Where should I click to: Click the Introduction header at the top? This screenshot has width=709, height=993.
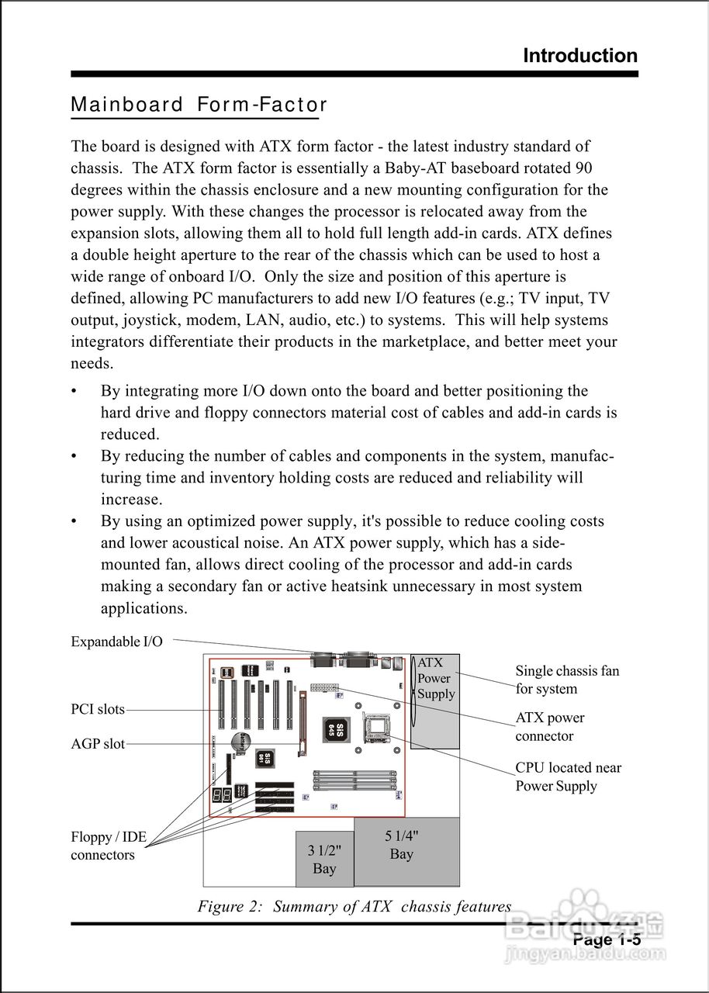click(x=579, y=56)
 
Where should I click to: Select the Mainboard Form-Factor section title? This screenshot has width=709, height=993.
click(x=199, y=105)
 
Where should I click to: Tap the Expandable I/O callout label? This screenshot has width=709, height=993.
click(x=116, y=642)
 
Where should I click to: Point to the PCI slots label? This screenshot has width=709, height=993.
click(x=98, y=709)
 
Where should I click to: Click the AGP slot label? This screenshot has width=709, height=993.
click(x=98, y=744)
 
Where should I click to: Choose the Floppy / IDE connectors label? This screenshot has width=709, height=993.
click(x=108, y=846)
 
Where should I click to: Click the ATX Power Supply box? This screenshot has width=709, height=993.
click(x=434, y=701)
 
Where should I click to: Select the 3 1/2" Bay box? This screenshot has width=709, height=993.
click(x=324, y=859)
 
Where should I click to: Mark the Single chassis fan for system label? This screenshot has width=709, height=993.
click(x=566, y=680)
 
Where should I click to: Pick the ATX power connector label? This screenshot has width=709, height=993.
click(x=549, y=727)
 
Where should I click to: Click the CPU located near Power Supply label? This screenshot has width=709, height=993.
click(x=567, y=777)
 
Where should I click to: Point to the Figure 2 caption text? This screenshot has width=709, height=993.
click(x=354, y=906)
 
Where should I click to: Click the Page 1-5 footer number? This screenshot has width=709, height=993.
click(x=607, y=940)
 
